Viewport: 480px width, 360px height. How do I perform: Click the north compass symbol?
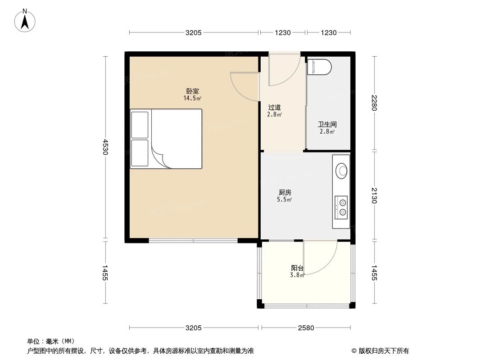click(26, 20)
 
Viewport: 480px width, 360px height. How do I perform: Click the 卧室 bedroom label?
click(192, 91)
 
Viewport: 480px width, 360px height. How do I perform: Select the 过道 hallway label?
click(275, 107)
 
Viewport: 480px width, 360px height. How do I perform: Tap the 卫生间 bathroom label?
click(327, 124)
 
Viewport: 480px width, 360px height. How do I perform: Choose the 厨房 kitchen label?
click(285, 192)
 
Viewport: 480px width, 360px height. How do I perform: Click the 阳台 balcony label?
click(297, 268)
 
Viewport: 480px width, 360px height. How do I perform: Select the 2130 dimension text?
click(374, 196)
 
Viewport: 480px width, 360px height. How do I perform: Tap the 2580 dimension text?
click(306, 328)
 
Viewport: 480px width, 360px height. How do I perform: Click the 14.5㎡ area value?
click(192, 98)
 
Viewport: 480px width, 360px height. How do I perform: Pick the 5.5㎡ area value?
click(285, 199)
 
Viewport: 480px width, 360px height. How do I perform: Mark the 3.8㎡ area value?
click(297, 275)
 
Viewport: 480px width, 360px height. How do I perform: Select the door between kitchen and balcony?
click(320, 257)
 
